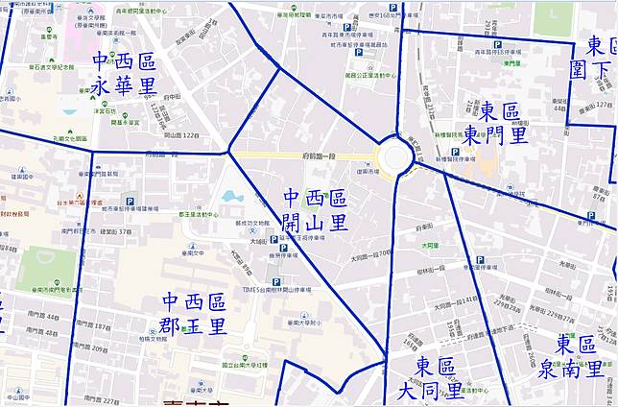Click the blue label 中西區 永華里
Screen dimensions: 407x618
tap(124, 74)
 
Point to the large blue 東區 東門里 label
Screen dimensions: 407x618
tap(504, 123)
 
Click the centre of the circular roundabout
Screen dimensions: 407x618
tap(396, 157)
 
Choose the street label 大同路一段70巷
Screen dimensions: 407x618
tap(371, 254)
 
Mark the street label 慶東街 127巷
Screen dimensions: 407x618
tap(601, 105)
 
